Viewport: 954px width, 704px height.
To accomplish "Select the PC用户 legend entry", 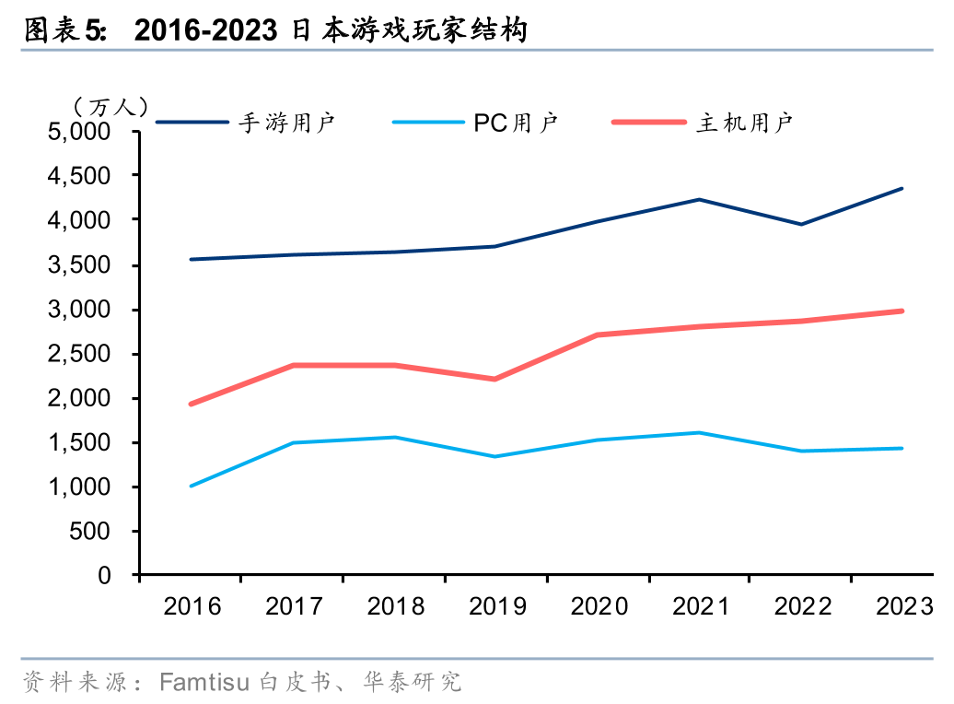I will (x=516, y=122).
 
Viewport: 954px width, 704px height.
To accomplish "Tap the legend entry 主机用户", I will (x=745, y=122).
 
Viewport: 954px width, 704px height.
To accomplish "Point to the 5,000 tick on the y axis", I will (x=78, y=132).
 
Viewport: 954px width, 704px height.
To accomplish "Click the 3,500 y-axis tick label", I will (x=78, y=265).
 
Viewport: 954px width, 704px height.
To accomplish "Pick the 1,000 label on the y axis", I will (x=78, y=487).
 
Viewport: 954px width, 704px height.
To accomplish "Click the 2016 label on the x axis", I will (x=192, y=606).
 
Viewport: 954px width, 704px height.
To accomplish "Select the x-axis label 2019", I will (x=497, y=606).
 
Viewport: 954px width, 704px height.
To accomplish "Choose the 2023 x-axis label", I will (x=904, y=606).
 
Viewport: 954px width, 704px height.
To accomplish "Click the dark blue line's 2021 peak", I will (x=699, y=199).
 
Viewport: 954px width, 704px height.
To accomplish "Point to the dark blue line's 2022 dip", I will (x=801, y=224).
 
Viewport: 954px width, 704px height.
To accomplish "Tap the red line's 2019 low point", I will (x=495, y=379).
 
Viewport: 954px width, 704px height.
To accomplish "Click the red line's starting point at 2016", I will (x=191, y=404).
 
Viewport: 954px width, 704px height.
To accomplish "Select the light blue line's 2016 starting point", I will (x=191, y=486).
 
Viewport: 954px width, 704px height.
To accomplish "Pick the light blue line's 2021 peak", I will (x=699, y=432).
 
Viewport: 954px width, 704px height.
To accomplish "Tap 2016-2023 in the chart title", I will (x=205, y=31).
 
